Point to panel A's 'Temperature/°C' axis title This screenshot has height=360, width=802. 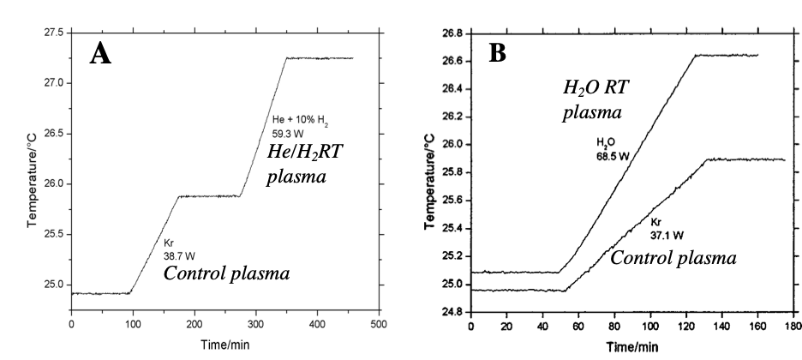(32, 178)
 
